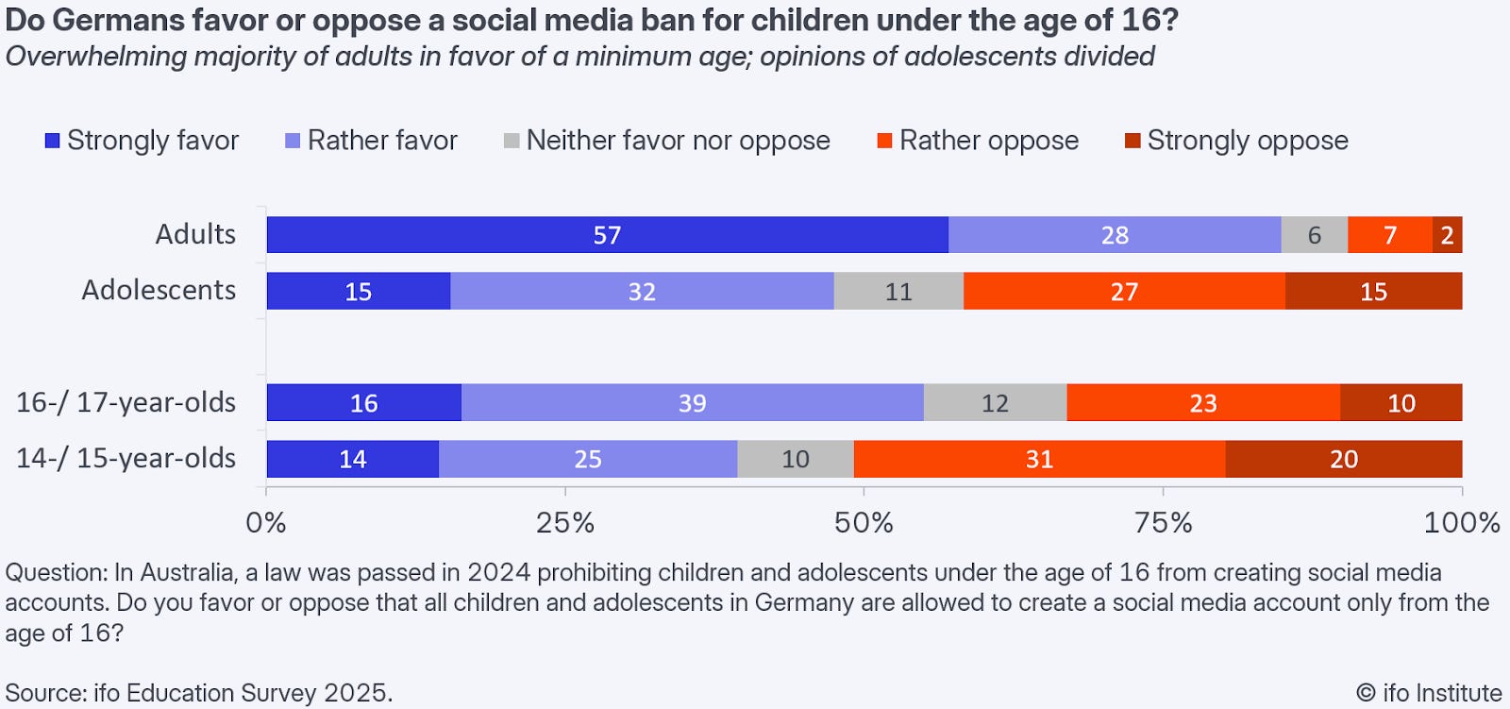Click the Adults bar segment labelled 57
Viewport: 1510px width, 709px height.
coord(607,235)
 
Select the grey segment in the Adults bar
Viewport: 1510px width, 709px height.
coord(1314,235)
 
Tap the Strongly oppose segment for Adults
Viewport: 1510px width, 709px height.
coord(1447,235)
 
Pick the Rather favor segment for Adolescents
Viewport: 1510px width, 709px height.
coord(642,291)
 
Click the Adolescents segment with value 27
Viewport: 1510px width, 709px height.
coord(1124,291)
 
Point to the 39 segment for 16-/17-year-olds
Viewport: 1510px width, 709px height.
coord(692,403)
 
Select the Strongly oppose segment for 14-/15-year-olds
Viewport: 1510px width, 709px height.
coord(1343,459)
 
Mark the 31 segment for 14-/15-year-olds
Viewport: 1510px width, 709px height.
coord(1039,459)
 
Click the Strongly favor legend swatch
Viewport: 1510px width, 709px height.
coord(53,141)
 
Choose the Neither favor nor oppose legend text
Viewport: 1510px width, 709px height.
coord(678,141)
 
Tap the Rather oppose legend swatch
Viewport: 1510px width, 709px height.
coord(884,141)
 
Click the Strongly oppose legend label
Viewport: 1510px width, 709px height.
coord(1247,141)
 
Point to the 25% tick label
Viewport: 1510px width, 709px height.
coord(565,523)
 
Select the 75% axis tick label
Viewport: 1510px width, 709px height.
coord(1163,523)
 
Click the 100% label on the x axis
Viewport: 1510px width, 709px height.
coord(1461,523)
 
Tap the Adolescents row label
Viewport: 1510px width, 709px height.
coord(159,290)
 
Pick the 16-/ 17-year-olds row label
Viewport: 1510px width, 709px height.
coord(126,402)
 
